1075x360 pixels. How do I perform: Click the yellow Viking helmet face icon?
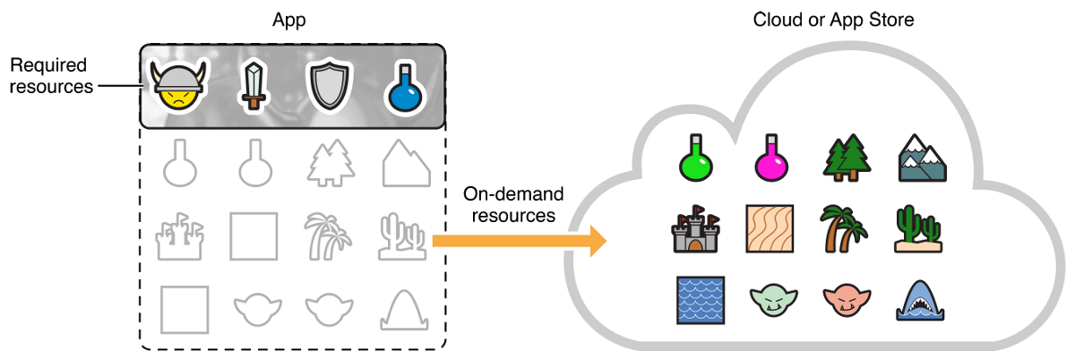[x=177, y=87]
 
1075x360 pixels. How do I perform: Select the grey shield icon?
[x=325, y=88]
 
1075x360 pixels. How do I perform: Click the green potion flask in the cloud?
[x=695, y=157]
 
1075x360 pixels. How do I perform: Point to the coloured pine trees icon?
[x=845, y=157]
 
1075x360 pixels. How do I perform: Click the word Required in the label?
[x=47, y=65]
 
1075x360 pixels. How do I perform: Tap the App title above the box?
[x=289, y=19]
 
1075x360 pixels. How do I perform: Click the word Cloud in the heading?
[x=776, y=19]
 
